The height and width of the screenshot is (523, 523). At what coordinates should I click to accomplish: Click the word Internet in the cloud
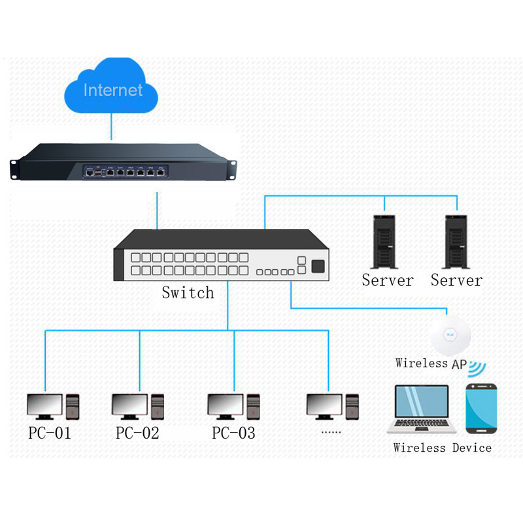pos(112,90)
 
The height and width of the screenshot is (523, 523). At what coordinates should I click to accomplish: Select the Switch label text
pos(188,292)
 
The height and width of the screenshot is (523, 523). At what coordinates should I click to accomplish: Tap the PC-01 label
pos(50,433)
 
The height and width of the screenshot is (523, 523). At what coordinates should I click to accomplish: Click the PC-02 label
pos(137,433)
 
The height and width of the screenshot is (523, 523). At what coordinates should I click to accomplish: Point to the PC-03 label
pos(233,433)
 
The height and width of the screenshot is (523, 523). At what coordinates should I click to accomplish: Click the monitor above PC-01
pos(44,406)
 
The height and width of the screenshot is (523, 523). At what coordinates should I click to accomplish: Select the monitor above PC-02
pos(129,406)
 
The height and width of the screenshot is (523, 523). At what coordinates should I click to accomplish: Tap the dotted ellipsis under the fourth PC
pos(332,432)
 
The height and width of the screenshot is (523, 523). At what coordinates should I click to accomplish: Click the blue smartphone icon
pos(482,408)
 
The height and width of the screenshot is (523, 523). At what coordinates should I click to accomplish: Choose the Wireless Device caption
pos(442,448)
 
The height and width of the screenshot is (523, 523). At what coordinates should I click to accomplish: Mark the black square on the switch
pos(318,266)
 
